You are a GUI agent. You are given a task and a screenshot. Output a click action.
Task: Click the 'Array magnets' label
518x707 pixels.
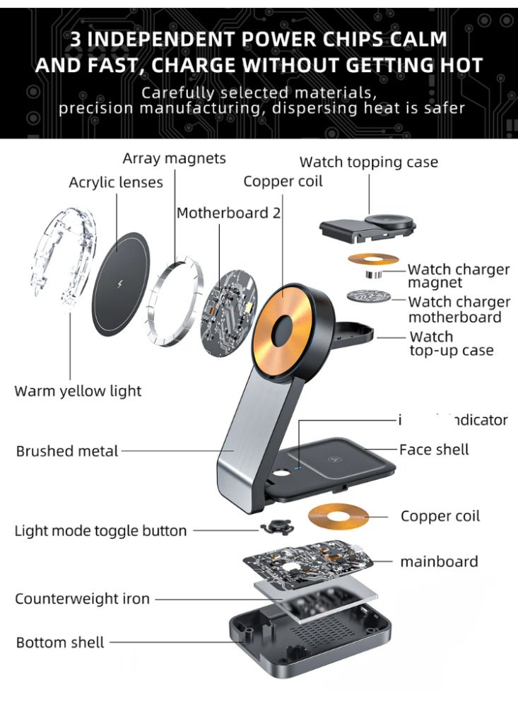(174, 158)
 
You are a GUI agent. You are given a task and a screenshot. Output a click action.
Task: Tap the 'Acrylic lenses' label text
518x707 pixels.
(116, 182)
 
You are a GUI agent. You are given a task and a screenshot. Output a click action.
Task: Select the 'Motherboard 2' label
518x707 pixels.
(223, 213)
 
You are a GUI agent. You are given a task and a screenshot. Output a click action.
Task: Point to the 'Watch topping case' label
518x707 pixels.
(369, 162)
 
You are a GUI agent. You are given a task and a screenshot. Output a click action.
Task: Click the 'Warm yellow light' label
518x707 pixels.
(78, 391)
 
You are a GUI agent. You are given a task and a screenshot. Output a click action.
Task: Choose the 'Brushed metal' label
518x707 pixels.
(67, 451)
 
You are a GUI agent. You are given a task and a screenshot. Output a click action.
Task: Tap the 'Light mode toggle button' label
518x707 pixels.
(101, 531)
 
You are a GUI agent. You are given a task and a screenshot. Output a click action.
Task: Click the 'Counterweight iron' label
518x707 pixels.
(82, 599)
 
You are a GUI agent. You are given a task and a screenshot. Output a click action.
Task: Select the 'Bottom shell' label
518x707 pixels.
(60, 643)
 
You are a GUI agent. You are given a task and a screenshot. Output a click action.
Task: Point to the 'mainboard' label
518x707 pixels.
(439, 562)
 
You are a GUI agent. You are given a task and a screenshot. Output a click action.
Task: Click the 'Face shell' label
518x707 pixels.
(434, 450)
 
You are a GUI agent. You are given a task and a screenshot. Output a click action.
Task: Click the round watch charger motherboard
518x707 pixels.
(371, 297)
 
